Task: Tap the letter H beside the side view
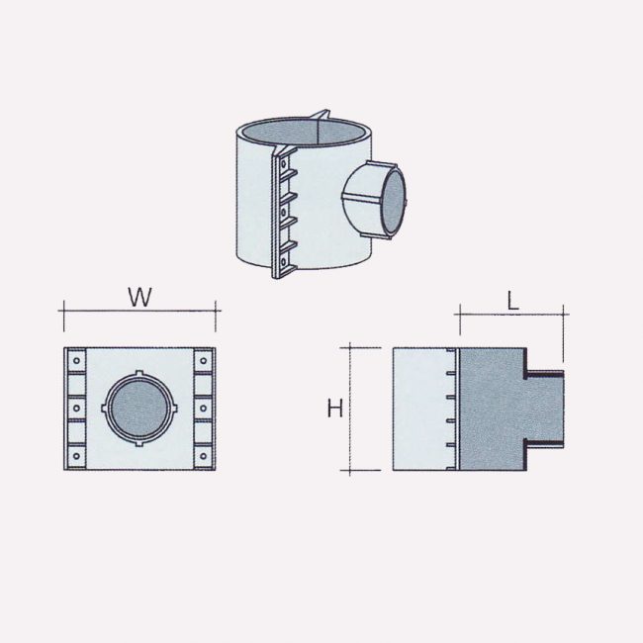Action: coord(335,409)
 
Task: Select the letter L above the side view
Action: coord(512,303)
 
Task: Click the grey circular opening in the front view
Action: coord(139,409)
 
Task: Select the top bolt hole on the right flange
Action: coord(205,361)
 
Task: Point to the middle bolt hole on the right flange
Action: coord(205,409)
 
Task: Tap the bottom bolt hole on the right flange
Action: coord(205,456)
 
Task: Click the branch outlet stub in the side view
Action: coord(543,409)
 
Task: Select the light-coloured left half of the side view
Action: coord(423,409)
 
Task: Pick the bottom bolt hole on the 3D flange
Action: coord(286,262)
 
